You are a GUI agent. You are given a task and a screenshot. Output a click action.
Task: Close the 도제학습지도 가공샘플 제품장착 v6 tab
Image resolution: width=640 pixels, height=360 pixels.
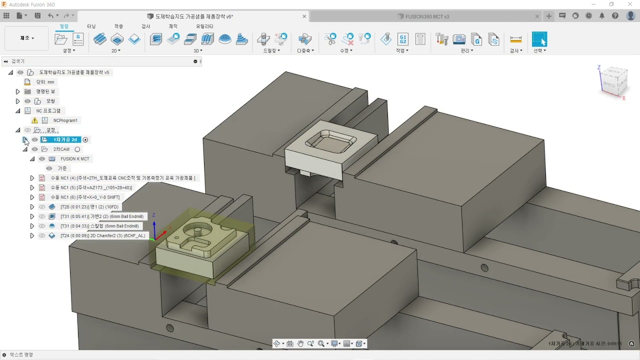click(304, 16)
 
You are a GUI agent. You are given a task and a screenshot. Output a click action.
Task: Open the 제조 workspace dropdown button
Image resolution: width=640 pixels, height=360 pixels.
click(27, 38)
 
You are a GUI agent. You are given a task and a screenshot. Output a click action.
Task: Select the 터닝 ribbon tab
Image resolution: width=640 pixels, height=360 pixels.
click(91, 26)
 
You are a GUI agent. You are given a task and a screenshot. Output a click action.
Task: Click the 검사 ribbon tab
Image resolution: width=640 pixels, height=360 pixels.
click(145, 26)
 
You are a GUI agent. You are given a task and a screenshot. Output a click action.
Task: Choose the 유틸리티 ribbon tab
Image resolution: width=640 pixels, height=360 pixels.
click(204, 26)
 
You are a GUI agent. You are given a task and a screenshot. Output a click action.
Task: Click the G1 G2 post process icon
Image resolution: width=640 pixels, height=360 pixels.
click(403, 39)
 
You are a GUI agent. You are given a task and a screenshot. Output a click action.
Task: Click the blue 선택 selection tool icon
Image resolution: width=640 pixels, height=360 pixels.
click(539, 39)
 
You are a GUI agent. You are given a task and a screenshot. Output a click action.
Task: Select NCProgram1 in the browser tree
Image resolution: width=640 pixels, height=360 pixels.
click(65, 120)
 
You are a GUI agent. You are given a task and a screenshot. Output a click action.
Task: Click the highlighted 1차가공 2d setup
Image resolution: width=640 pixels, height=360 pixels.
click(65, 140)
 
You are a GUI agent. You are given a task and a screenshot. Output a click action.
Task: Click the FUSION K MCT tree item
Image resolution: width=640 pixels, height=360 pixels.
click(74, 159)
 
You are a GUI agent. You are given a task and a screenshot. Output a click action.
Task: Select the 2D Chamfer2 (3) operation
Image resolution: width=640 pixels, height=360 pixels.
click(102, 235)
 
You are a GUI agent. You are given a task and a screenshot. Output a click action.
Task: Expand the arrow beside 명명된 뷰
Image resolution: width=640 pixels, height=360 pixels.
click(17, 91)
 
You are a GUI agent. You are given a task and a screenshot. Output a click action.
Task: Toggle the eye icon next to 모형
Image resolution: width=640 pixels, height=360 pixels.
click(27, 101)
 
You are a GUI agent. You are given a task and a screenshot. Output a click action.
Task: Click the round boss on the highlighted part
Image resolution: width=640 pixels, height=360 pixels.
click(198, 231)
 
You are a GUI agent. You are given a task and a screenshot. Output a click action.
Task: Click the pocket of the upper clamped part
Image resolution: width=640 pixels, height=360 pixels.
click(330, 142)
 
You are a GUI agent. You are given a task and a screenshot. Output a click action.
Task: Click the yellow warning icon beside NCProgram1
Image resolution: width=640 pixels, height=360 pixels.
click(34, 120)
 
